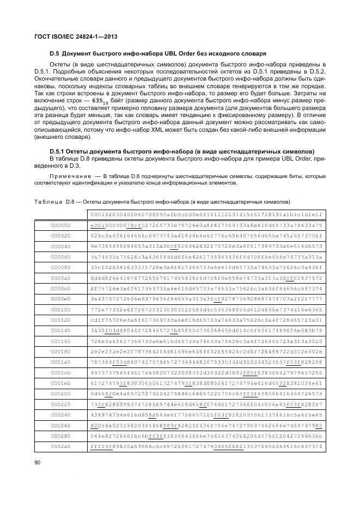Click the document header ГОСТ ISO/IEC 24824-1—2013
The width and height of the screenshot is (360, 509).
[76, 36]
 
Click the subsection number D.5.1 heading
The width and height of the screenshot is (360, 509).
[59, 151]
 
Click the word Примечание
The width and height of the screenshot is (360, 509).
[68, 176]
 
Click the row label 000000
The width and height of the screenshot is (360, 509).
[60, 225]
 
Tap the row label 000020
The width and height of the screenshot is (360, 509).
[60, 235]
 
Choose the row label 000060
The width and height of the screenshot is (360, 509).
[60, 256]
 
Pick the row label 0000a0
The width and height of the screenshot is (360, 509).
[60, 278]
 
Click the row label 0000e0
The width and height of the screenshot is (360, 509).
[60, 299]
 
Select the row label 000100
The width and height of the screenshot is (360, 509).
[60, 309]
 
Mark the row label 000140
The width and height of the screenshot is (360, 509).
[60, 330]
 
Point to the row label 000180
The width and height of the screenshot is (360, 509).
[60, 352]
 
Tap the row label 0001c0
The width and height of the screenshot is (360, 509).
[60, 373]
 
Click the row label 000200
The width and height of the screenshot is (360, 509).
[60, 394]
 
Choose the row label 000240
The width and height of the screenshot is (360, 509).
[60, 415]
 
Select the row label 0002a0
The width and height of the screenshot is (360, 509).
[60, 447]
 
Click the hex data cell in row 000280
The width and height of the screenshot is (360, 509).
[206, 437]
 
